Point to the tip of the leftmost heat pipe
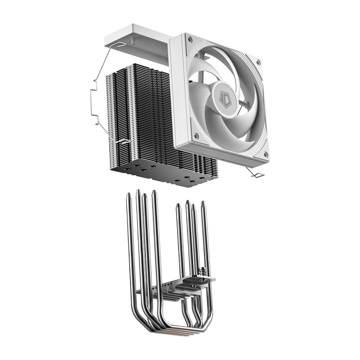coord(130,194)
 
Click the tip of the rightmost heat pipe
coord(203,203)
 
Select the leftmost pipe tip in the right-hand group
coord(179,205)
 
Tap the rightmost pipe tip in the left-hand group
coord(154,192)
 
